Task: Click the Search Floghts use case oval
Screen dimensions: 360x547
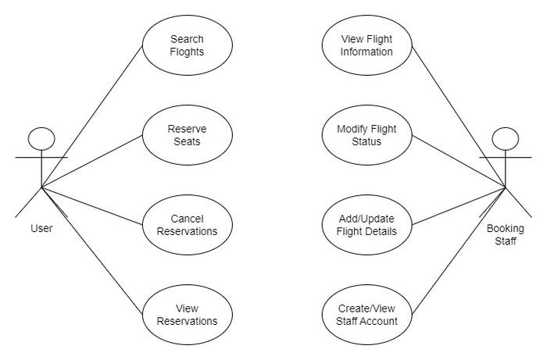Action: [187, 45]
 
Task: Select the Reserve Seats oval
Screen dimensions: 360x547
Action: [187, 134]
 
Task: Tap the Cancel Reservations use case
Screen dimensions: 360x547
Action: [187, 225]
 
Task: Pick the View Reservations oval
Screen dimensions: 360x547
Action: [187, 315]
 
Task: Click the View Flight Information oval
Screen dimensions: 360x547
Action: [367, 45]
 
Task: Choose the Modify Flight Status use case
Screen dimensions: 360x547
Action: [367, 134]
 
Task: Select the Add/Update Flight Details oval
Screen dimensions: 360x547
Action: [367, 225]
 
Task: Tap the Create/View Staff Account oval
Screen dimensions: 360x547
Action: [367, 315]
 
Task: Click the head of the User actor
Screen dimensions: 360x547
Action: [41, 139]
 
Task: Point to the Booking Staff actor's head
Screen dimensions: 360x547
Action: [506, 140]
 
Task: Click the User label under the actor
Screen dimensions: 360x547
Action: [41, 228]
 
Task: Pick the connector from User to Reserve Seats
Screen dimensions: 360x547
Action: [91, 162]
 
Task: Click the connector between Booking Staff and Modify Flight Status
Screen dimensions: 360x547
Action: [459, 162]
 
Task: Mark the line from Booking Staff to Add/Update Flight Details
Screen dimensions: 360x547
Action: [459, 206]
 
